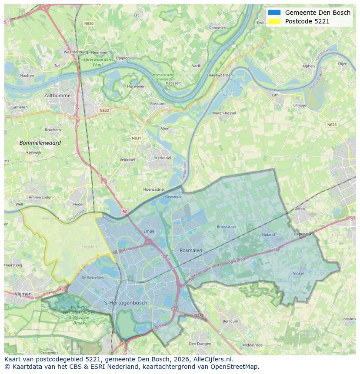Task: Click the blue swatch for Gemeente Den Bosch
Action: (x=274, y=13)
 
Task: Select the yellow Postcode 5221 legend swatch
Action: (x=274, y=21)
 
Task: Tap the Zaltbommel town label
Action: (x=58, y=95)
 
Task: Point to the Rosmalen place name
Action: (x=191, y=250)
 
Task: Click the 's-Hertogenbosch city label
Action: (x=126, y=303)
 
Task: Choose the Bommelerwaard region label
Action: (x=40, y=142)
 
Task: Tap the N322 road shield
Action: (x=104, y=110)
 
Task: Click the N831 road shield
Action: (x=137, y=138)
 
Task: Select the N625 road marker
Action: (x=331, y=125)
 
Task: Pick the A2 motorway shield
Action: (x=125, y=211)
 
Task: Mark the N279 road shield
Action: (x=198, y=315)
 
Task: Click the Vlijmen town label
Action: (x=23, y=294)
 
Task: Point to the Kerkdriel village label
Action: (x=163, y=158)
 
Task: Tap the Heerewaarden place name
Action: (x=220, y=75)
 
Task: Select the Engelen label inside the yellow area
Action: (x=89, y=247)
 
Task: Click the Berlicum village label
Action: (x=230, y=321)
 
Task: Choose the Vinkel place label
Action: (x=298, y=273)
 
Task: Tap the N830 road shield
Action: (x=89, y=23)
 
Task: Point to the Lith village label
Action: (x=275, y=95)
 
